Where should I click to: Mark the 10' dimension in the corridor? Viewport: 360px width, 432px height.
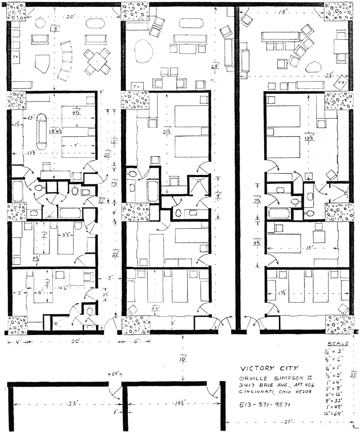point(183,360)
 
